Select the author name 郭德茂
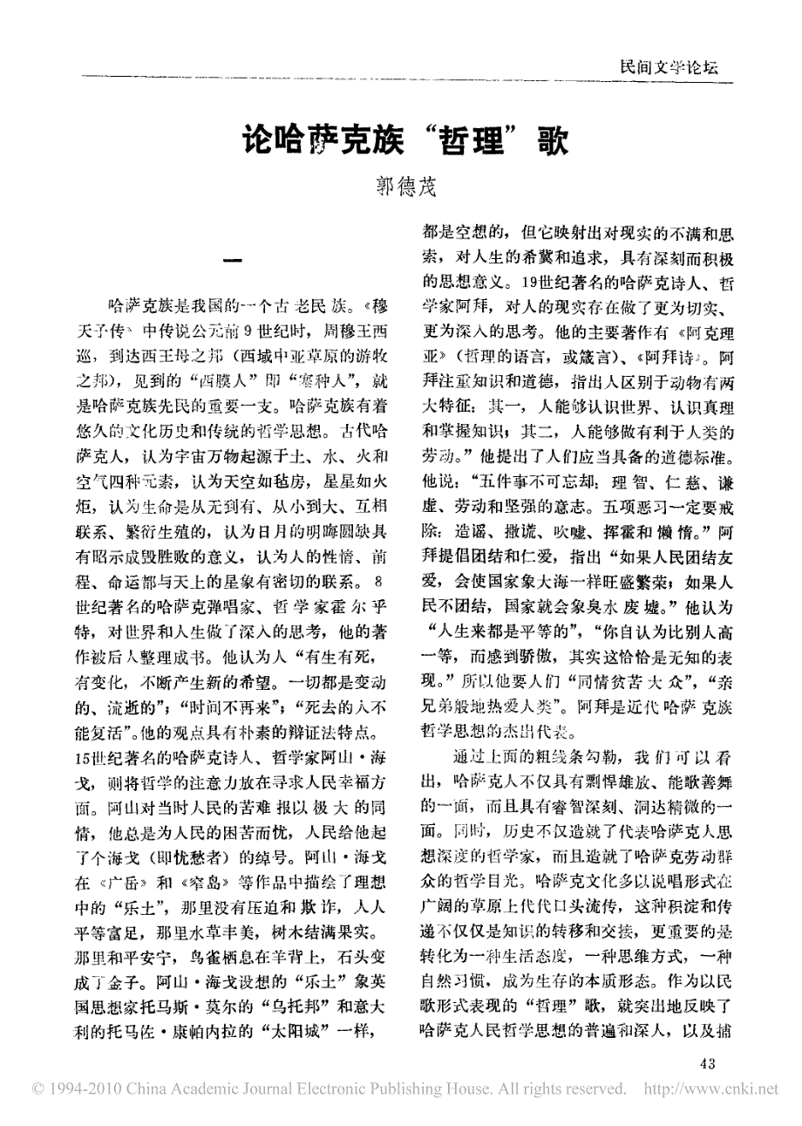coord(403,185)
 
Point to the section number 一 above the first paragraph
coord(233,261)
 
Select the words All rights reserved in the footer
coord(558,1089)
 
